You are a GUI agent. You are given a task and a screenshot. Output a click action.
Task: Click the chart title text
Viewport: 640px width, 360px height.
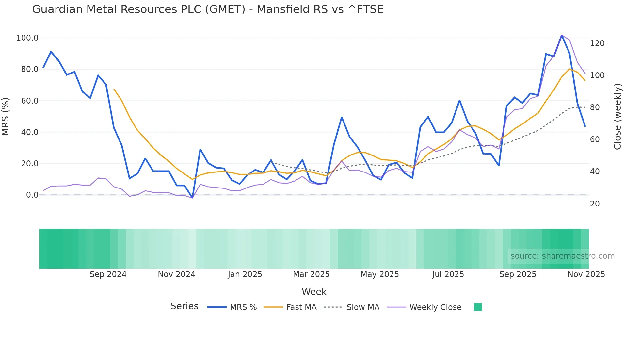coord(208,9)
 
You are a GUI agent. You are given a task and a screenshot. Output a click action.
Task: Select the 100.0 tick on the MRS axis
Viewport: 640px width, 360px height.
coord(27,38)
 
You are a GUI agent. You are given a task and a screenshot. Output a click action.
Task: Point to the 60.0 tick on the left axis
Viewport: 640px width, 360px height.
coord(30,101)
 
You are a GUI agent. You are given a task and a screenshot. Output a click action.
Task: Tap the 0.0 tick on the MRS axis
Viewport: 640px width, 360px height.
coord(32,195)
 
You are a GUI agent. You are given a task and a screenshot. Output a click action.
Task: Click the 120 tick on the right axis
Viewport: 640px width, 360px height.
coord(597,43)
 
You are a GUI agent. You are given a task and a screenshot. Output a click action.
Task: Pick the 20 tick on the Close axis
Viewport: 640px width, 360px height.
coord(595,204)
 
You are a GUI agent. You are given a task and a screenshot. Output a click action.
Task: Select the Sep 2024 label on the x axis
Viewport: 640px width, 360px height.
coord(108,274)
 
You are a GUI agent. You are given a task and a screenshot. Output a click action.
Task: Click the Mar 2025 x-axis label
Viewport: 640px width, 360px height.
coord(311,274)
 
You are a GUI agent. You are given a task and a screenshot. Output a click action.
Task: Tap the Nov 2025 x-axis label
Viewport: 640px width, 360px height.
coord(586,274)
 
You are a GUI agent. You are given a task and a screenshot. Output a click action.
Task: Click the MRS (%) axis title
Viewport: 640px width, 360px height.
coord(6,117)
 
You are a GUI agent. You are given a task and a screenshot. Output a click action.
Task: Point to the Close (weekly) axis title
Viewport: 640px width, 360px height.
coord(617,117)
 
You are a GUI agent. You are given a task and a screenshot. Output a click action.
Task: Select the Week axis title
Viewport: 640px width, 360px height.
coord(314,292)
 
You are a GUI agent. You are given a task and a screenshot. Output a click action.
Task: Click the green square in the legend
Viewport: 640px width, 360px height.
coord(478,307)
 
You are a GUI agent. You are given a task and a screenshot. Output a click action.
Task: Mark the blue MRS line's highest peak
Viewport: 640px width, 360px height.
coord(562,35)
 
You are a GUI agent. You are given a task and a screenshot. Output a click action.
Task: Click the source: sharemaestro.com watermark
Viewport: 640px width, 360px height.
coord(562,256)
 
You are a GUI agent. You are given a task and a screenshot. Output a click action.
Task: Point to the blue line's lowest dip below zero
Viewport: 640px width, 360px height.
coord(192,198)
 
